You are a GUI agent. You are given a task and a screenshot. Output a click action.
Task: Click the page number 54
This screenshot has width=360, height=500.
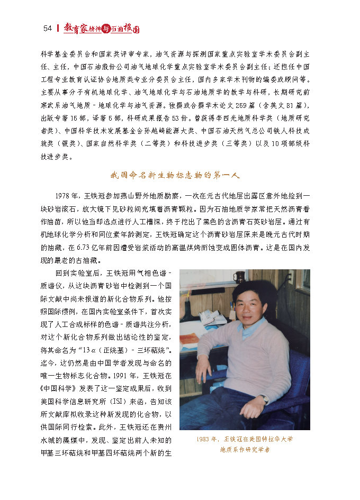tap(47, 29)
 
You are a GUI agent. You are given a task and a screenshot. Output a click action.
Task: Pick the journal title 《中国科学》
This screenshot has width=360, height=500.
tap(55, 388)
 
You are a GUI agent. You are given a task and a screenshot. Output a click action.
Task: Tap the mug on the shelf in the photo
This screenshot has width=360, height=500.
tap(239, 277)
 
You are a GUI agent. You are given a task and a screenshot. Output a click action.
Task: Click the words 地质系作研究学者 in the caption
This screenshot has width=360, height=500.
tap(245, 450)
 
